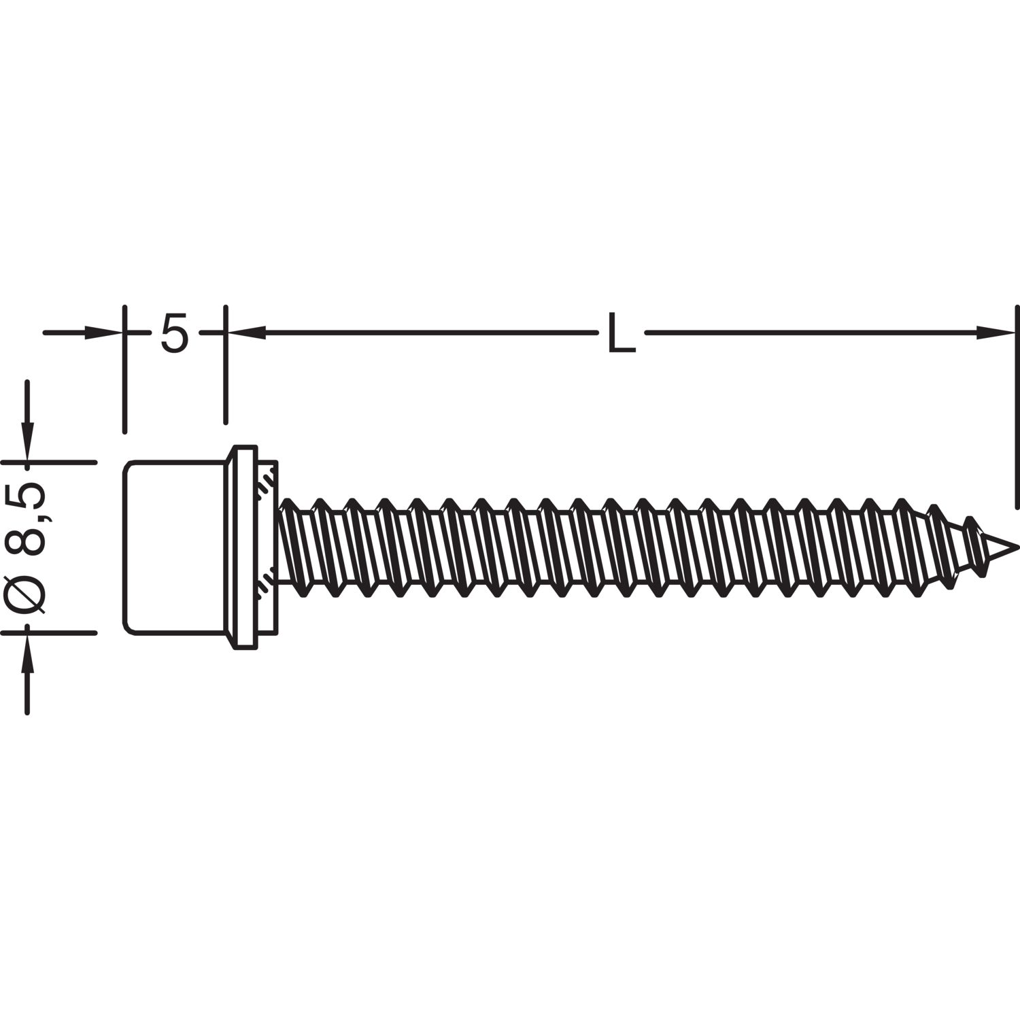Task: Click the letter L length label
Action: click(621, 333)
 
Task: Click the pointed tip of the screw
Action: click(1016, 545)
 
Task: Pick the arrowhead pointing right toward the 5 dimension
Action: click(104, 333)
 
